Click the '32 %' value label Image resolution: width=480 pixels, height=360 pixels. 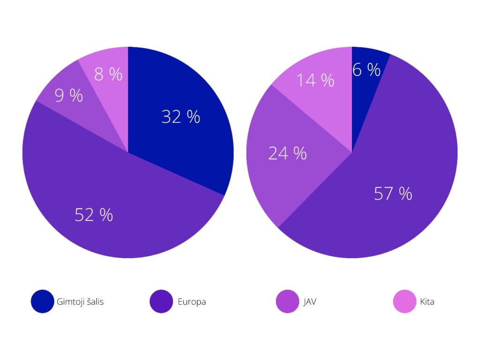pyautogui.click(x=180, y=117)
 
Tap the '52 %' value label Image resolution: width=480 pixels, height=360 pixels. pyautogui.click(x=94, y=215)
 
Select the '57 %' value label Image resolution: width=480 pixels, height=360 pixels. pyautogui.click(x=393, y=193)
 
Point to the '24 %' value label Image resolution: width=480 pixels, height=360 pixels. pyautogui.click(x=287, y=153)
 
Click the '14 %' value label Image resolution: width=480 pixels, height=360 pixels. pyautogui.click(x=315, y=81)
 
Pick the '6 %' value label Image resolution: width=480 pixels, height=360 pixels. pyautogui.click(x=367, y=70)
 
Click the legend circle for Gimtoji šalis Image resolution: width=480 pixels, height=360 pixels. pyautogui.click(x=43, y=301)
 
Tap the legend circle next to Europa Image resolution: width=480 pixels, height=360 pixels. pyautogui.click(x=161, y=301)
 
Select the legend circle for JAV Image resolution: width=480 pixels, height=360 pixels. pyautogui.click(x=288, y=301)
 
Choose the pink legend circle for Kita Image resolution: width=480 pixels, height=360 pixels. pyautogui.click(x=405, y=301)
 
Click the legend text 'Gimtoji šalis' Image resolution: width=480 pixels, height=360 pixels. pyautogui.click(x=80, y=302)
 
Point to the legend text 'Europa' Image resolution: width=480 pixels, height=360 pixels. pyautogui.click(x=192, y=302)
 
